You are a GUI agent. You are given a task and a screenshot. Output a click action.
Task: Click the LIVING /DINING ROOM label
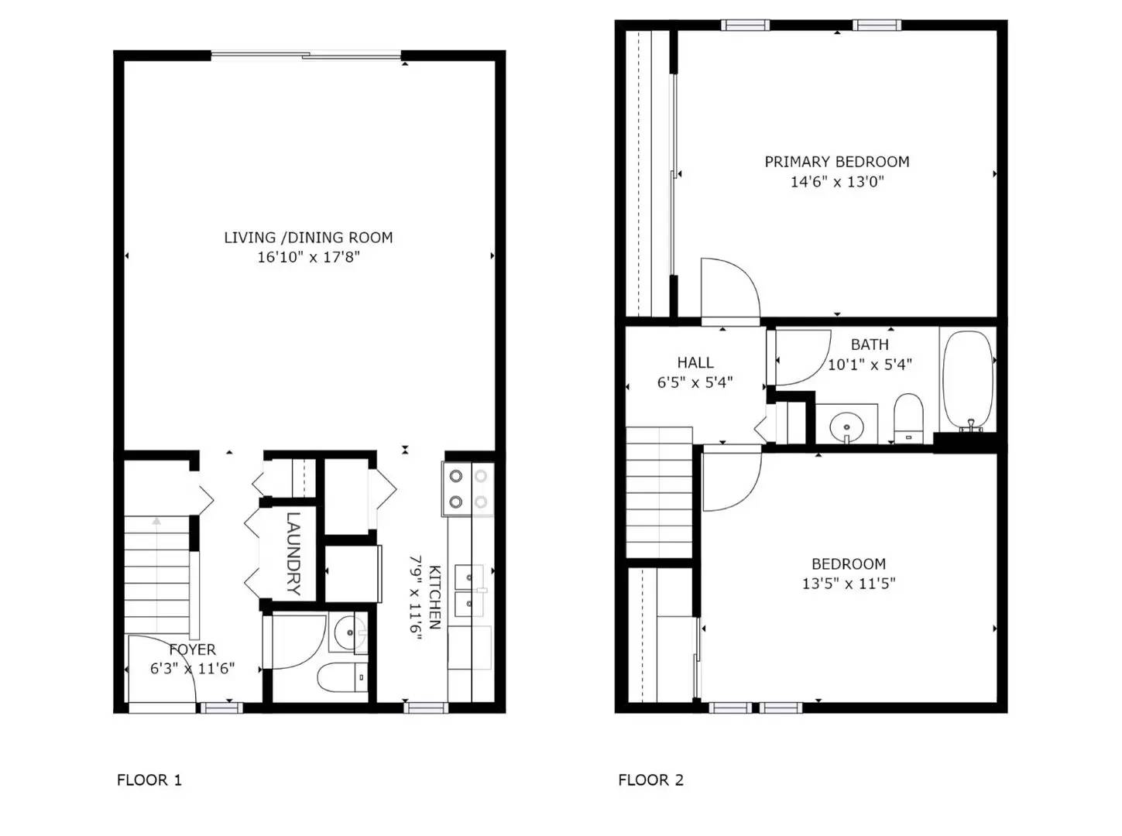[308, 238]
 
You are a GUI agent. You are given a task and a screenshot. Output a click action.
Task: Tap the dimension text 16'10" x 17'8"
[308, 257]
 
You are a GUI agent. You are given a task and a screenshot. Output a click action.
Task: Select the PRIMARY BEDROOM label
[836, 162]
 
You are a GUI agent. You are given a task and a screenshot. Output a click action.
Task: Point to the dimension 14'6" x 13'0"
[836, 182]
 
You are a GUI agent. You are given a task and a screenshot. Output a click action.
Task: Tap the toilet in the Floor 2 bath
[908, 418]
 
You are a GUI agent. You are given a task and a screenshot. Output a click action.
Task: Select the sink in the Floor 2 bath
[846, 425]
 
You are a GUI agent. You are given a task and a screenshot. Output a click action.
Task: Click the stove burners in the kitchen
[468, 489]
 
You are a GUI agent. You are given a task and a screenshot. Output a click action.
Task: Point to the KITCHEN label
[435, 596]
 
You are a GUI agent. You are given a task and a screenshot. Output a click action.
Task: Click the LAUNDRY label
[293, 553]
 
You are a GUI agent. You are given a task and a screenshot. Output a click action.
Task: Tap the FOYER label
[193, 649]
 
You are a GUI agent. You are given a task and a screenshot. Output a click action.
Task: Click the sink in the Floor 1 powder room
[351, 633]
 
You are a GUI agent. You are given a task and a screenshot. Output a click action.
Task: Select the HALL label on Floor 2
[695, 362]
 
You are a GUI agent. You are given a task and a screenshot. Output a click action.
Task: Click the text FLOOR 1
[149, 779]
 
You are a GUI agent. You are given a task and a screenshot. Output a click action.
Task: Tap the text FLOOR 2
[650, 779]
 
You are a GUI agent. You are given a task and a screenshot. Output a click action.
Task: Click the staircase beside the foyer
[157, 573]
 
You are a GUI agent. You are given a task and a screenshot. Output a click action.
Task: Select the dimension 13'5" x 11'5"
[848, 584]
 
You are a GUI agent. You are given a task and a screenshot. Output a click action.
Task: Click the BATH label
[869, 344]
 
